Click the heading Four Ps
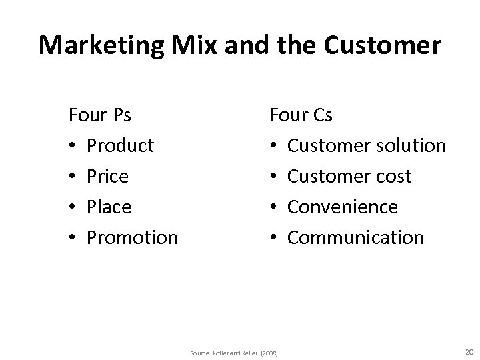[100, 115]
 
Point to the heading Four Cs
[301, 115]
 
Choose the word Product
[121, 145]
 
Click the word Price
[108, 176]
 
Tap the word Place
[109, 207]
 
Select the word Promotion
[133, 237]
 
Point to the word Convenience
[343, 207]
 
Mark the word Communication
[355, 237]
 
